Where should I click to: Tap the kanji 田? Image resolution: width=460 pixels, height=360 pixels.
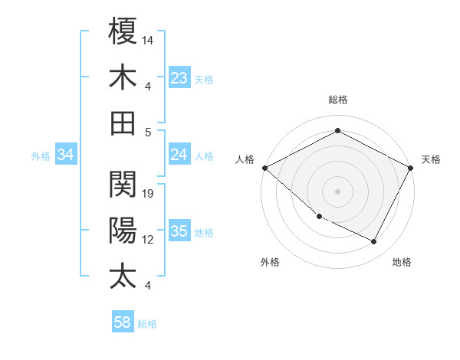[x=123, y=123]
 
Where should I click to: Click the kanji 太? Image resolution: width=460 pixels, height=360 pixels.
[x=123, y=277]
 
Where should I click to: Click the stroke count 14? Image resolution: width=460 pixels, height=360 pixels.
[x=148, y=39]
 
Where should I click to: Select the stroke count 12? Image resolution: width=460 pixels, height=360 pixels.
[x=148, y=240]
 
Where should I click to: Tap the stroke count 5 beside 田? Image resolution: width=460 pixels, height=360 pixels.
[x=148, y=132]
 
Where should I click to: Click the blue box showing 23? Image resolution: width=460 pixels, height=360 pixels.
[x=179, y=78]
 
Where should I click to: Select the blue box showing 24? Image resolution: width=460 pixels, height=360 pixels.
[x=179, y=155]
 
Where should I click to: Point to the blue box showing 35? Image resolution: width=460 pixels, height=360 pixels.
[x=179, y=232]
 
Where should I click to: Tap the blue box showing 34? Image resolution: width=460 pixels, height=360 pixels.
[x=65, y=155]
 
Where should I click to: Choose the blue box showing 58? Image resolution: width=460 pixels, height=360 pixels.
[x=123, y=322]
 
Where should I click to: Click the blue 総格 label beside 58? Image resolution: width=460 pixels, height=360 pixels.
[x=147, y=324]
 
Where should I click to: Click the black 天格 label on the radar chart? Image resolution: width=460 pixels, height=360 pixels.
[x=432, y=159]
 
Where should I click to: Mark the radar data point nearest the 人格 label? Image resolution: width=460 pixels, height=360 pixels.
[x=264, y=168]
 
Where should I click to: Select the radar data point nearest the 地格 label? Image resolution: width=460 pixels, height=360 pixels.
[x=373, y=242]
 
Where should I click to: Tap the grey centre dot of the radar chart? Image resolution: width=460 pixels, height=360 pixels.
[x=337, y=191]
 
